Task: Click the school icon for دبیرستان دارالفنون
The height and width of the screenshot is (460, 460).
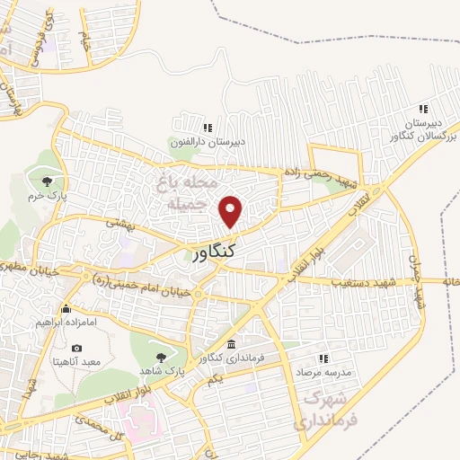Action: click(208, 128)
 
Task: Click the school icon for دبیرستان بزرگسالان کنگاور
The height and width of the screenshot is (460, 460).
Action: click(422, 111)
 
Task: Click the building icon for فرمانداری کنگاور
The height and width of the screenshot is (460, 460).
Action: click(232, 346)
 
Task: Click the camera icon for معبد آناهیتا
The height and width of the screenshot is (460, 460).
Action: click(76, 349)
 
